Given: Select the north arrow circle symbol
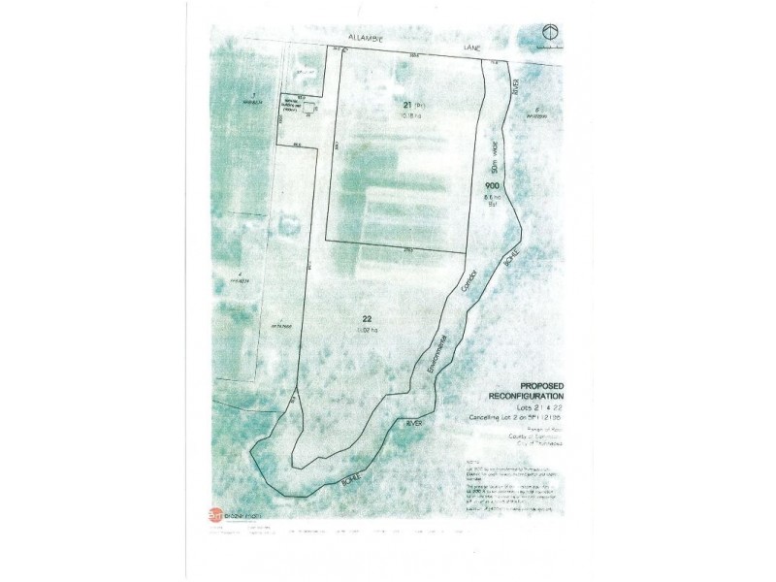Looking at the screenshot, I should (551, 31).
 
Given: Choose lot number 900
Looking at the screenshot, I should (492, 186).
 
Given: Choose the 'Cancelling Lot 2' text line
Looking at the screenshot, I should (529, 418).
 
